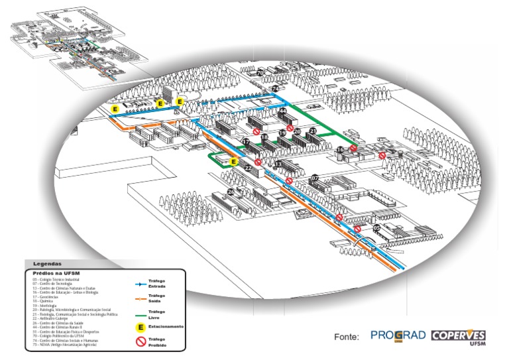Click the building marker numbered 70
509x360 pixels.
tap(260, 73)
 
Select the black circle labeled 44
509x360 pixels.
tap(282, 111)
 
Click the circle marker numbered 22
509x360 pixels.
tap(247, 169)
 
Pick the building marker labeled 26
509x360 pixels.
tap(231, 192)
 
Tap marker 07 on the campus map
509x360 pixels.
tap(315, 178)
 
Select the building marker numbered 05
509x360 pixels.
tap(376, 228)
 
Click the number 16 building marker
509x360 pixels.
tap(340, 150)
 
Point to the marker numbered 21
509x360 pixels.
tap(313, 132)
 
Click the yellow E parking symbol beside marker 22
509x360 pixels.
tap(233, 162)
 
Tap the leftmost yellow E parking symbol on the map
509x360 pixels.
tap(115, 107)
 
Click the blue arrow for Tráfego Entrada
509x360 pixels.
tap(140, 284)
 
